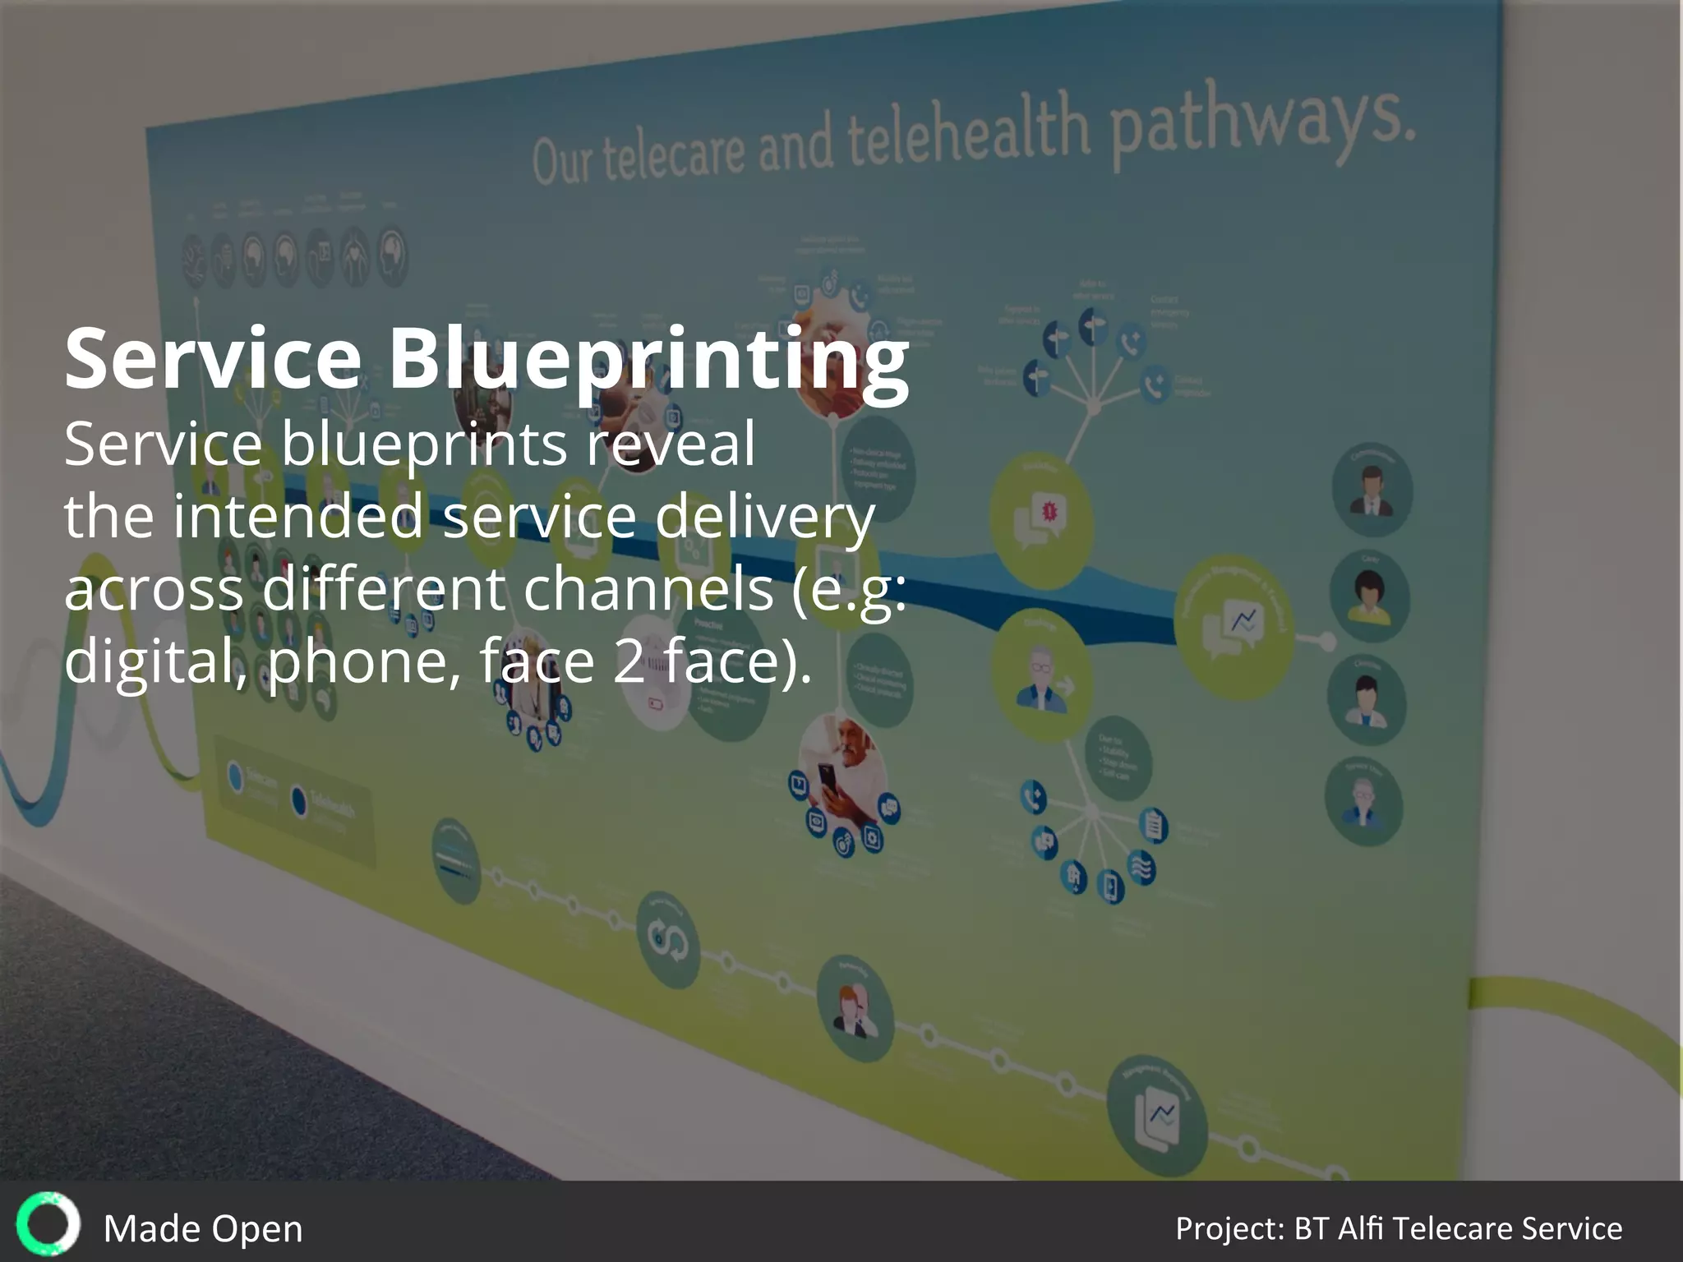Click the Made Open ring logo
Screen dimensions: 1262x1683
(48, 1224)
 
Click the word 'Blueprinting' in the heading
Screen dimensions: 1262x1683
(648, 360)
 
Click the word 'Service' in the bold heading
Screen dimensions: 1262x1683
(213, 358)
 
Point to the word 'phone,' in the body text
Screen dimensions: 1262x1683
(364, 661)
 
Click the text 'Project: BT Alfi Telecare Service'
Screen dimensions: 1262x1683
(1398, 1228)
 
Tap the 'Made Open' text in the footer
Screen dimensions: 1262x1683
(203, 1229)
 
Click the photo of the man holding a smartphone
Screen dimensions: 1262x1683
(841, 768)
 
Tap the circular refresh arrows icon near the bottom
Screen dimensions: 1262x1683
(668, 940)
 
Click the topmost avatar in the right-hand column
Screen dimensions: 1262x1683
(1372, 491)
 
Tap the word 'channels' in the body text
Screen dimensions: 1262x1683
(648, 589)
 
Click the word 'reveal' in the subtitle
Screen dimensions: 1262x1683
(670, 444)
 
